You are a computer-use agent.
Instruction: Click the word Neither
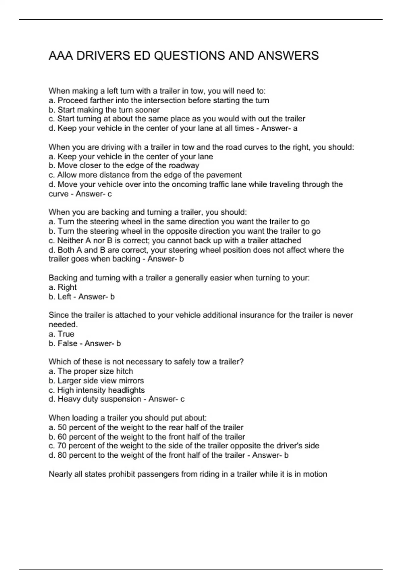point(70,241)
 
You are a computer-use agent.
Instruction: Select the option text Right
point(67,287)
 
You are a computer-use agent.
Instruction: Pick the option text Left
point(64,297)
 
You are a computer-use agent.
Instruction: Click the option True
point(66,334)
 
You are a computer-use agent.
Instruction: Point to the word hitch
point(124,371)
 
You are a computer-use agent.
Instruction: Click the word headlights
point(126,390)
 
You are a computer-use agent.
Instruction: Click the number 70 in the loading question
point(62,446)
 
